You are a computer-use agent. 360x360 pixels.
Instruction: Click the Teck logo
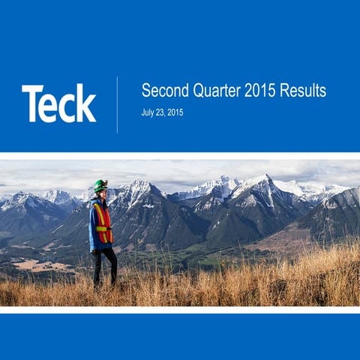[x=58, y=103]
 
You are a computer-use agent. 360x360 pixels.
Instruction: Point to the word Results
[x=303, y=91]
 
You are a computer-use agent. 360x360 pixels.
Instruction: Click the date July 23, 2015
[x=162, y=112]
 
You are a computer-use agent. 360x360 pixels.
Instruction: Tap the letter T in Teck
[x=32, y=103]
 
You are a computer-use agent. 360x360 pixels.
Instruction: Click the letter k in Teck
[x=86, y=103]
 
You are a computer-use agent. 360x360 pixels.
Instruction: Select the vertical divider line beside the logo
[x=117, y=104]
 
